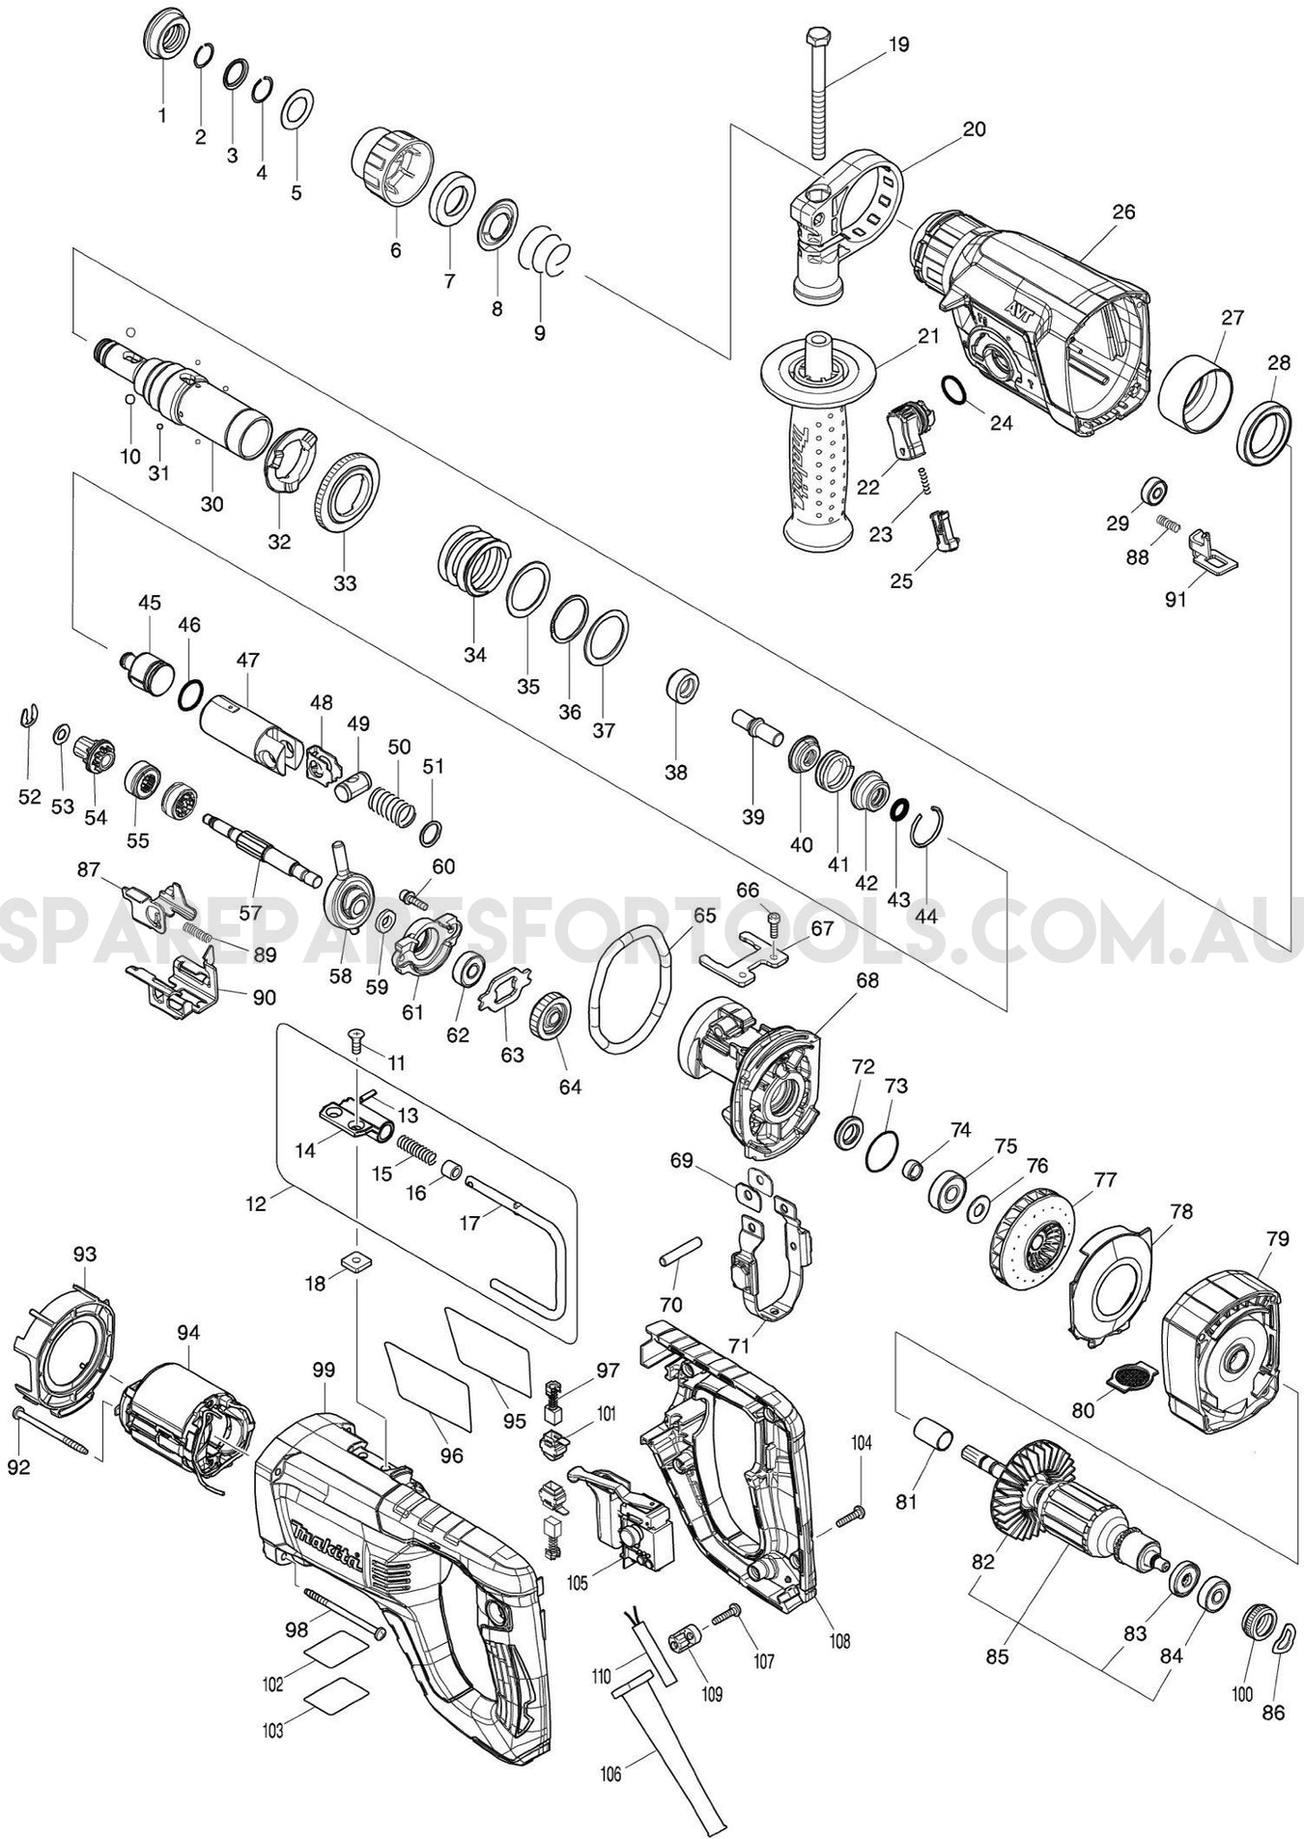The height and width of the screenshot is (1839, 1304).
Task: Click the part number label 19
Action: pos(898,44)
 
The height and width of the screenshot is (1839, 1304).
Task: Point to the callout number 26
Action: pos(1123,212)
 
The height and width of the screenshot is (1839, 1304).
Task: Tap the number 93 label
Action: pos(85,1254)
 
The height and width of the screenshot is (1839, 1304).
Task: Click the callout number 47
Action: pos(248,661)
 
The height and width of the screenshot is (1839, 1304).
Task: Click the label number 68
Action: pos(867,979)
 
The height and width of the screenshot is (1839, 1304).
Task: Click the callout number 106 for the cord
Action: pos(609,1773)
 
